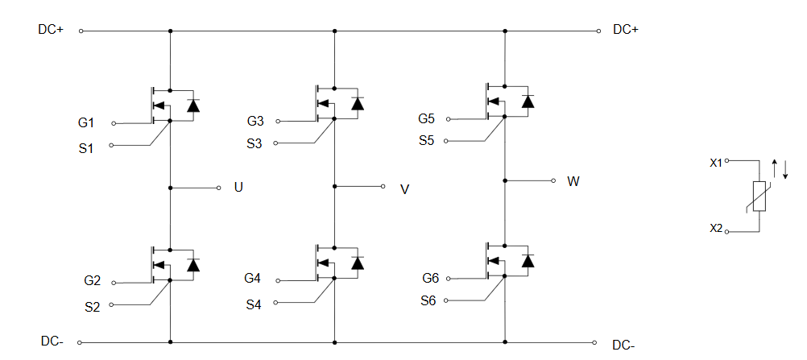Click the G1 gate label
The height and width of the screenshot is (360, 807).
(x=86, y=123)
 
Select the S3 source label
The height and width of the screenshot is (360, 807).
(x=255, y=143)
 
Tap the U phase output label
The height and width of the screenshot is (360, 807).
(x=238, y=187)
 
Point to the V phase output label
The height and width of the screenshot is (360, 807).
(x=405, y=189)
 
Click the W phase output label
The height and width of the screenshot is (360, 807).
(x=573, y=181)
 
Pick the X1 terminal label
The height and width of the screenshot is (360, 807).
(x=716, y=163)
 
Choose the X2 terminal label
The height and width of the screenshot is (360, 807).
(x=716, y=228)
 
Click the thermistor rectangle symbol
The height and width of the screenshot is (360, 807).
(x=759, y=197)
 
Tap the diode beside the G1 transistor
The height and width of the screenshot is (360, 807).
(x=193, y=106)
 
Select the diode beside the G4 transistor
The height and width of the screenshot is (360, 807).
(x=358, y=263)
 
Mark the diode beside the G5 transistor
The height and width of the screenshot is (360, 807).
(x=528, y=101)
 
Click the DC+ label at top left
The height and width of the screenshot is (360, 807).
(x=51, y=30)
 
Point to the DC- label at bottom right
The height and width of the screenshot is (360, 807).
(x=624, y=345)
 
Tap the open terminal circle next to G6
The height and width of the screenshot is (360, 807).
(x=449, y=279)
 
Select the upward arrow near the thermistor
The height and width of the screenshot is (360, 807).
(x=775, y=168)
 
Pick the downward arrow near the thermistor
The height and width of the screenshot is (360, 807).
(x=785, y=169)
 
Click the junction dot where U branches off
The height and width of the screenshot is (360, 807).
(x=171, y=188)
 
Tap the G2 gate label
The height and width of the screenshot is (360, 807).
(x=93, y=281)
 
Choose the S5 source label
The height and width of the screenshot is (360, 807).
(x=427, y=140)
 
